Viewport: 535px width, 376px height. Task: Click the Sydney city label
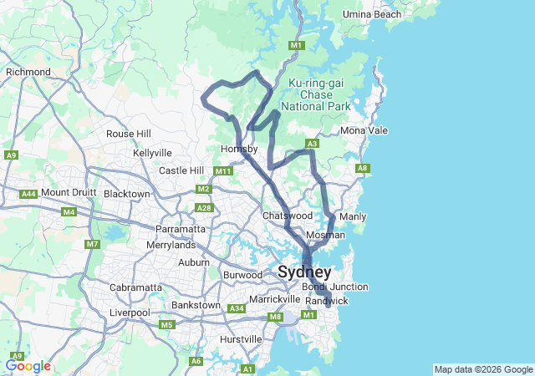click(304, 272)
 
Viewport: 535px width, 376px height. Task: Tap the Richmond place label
click(28, 72)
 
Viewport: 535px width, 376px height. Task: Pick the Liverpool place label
click(129, 312)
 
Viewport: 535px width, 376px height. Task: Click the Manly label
click(354, 216)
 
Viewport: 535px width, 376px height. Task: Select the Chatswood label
click(287, 216)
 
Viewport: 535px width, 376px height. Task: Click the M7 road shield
click(91, 245)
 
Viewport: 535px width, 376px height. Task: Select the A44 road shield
click(28, 194)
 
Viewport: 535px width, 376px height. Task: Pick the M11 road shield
click(222, 171)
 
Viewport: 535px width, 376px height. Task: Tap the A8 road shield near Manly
click(363, 169)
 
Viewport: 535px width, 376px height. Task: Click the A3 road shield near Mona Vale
click(312, 144)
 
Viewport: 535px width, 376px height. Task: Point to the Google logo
click(28, 366)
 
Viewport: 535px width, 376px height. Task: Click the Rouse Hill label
click(129, 134)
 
